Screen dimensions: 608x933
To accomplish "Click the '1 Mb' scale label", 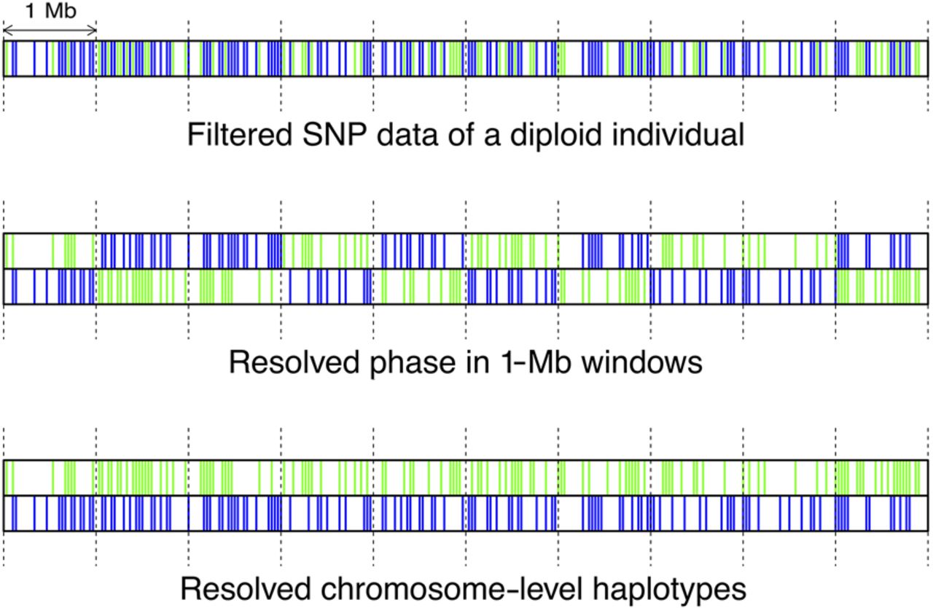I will [50, 11].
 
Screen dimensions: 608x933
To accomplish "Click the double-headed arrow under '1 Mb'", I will [50, 30].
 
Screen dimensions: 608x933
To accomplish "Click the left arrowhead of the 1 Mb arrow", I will [6, 30].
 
